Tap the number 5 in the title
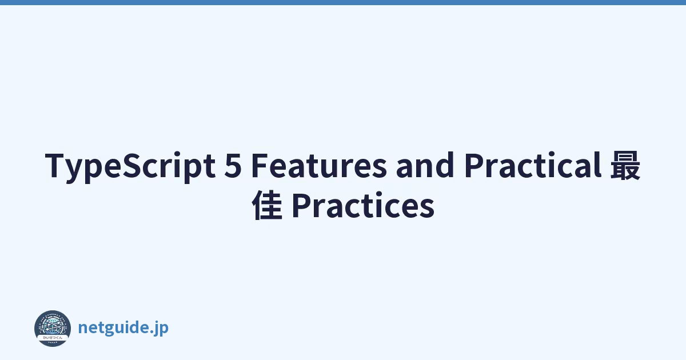pyautogui.click(x=233, y=165)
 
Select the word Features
pyautogui.click(x=319, y=165)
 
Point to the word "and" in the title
pyautogui.click(x=425, y=165)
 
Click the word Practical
pyautogui.click(x=533, y=165)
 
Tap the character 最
pyautogui.click(x=625, y=165)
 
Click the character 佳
pyautogui.click(x=267, y=205)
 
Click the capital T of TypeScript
pyautogui.click(x=56, y=165)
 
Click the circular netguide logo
pyautogui.click(x=53, y=329)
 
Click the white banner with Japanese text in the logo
pyautogui.click(x=53, y=338)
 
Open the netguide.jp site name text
pyautogui.click(x=123, y=328)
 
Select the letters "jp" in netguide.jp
pyautogui.click(x=162, y=329)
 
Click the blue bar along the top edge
pyautogui.click(x=343, y=2)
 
